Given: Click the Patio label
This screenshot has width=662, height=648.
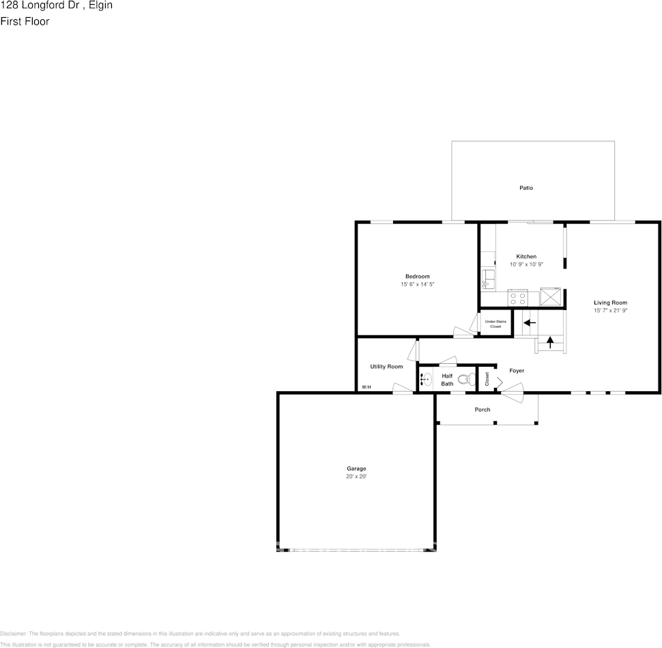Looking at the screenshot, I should tap(526, 188).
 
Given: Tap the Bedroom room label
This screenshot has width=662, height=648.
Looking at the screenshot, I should tap(417, 276).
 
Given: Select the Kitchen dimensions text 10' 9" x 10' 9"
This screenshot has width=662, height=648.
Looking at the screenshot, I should tap(526, 264).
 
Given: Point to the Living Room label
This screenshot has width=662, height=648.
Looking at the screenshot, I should tap(610, 302).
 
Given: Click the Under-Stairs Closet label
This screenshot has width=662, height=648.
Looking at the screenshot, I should tap(495, 323).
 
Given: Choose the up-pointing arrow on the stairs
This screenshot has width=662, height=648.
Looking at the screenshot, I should tap(550, 341).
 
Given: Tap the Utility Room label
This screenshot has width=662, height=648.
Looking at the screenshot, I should tap(386, 367).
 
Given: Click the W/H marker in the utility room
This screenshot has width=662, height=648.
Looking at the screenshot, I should tap(366, 387).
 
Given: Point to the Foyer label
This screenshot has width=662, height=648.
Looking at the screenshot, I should tap(517, 371).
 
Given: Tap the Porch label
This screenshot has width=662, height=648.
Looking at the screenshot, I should tap(483, 410).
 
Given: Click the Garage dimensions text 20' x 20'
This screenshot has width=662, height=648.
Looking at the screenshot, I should tap(356, 477).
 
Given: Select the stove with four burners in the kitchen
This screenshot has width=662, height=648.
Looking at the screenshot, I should tap(518, 298).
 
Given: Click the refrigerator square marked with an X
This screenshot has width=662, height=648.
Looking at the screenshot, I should tap(550, 298).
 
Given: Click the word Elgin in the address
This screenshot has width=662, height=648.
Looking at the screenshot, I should tap(100, 5).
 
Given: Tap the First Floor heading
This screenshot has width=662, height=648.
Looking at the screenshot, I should tap(25, 21).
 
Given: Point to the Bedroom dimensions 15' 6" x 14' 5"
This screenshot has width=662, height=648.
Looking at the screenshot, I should tap(417, 284).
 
